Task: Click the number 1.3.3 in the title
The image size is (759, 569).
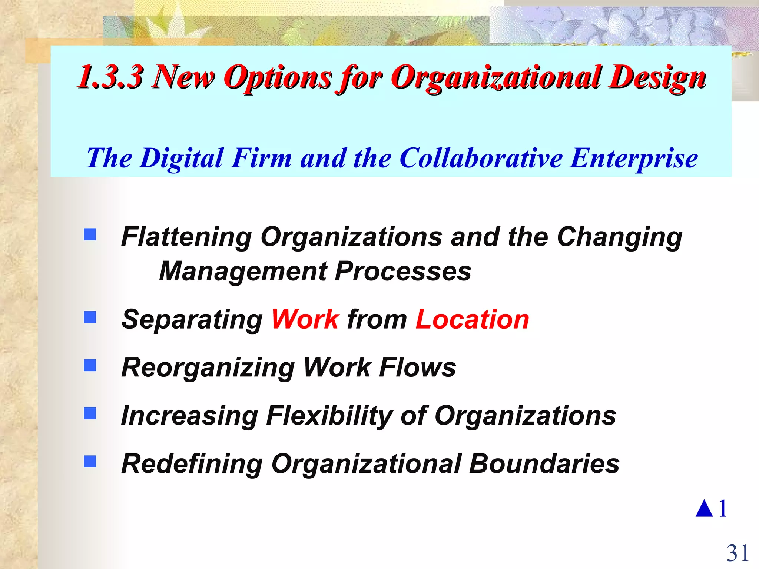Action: [x=110, y=77]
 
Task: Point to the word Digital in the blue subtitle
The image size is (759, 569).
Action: [x=182, y=158]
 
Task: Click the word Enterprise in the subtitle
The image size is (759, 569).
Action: [x=634, y=158]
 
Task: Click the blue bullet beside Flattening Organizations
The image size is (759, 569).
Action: [x=90, y=234]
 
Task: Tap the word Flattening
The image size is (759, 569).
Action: [x=186, y=237]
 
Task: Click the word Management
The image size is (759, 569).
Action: [x=243, y=271]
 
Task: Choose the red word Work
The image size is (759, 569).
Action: [x=305, y=319]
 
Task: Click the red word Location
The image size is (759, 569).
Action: [x=472, y=319]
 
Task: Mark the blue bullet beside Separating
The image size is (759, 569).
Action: [x=90, y=317]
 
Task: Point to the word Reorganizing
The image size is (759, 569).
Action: [x=208, y=367]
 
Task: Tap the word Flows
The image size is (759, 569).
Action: [x=418, y=367]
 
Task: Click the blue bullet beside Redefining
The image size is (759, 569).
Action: [x=90, y=461]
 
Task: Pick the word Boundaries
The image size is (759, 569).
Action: [x=544, y=463]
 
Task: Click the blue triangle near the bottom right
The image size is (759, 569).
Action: [x=704, y=509]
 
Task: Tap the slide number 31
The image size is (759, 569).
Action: [x=738, y=553]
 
